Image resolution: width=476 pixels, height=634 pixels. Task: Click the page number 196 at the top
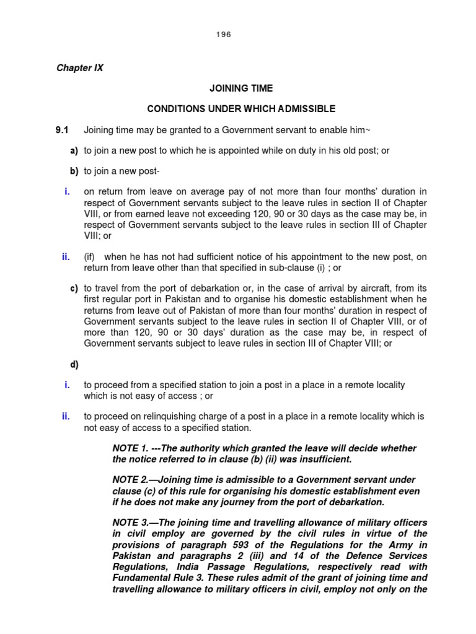224,35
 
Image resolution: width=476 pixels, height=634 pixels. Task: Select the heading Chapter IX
80,68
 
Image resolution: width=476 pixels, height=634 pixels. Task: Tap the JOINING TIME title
240,89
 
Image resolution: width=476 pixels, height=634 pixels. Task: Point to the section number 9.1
63,130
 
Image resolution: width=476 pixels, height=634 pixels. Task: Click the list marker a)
74,150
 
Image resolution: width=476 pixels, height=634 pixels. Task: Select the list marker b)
74,172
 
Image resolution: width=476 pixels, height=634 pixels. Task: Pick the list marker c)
74,289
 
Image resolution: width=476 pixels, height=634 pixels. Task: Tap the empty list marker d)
74,365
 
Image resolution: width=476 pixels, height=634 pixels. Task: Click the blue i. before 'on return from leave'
66,192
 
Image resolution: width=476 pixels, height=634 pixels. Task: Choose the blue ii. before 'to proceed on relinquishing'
65,416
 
